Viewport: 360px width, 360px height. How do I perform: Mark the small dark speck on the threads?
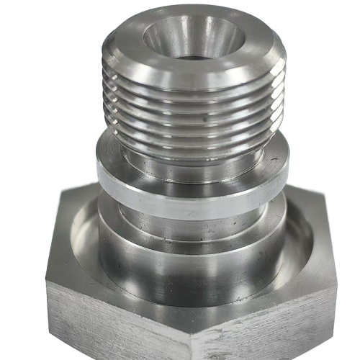[204, 114]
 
